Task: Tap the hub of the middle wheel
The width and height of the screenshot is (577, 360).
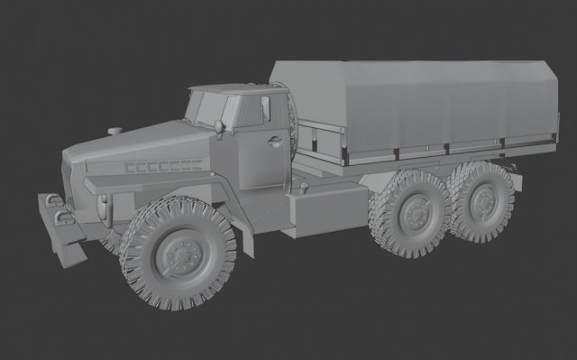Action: [x=416, y=216]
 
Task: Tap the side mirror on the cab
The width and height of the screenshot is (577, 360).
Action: [x=222, y=126]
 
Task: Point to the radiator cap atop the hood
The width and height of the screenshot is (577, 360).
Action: [x=114, y=132]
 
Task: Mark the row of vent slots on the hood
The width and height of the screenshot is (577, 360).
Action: [x=160, y=166]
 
